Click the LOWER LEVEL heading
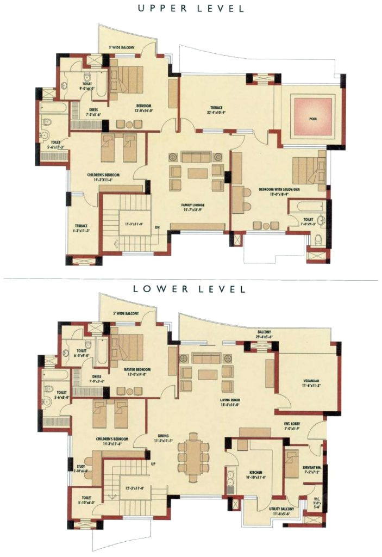click(x=189, y=289)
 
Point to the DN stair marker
click(x=157, y=227)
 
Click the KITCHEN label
click(x=256, y=472)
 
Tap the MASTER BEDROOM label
click(x=136, y=369)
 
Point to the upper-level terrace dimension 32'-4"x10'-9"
click(x=217, y=114)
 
